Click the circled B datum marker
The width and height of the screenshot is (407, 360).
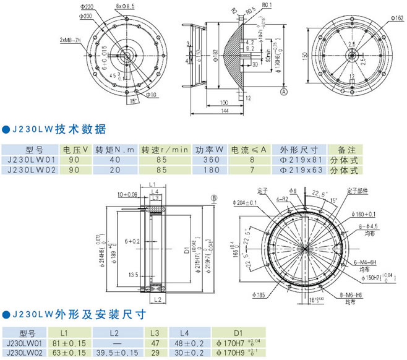[214, 198]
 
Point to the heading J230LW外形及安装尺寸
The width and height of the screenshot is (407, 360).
[75, 314]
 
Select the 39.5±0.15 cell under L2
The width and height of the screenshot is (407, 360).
[117, 353]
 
